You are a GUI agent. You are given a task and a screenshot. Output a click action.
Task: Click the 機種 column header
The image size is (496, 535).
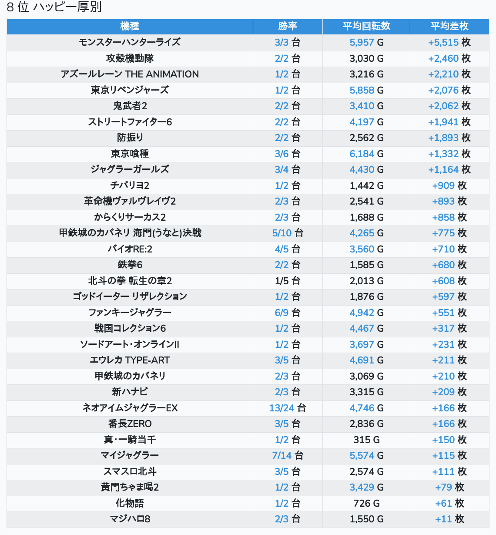tap(130, 26)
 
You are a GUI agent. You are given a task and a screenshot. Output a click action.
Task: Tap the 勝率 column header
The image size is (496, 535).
tap(288, 26)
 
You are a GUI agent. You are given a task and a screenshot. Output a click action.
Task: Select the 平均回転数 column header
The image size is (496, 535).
tap(366, 26)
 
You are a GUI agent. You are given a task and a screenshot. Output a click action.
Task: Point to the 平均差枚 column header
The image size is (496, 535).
tap(449, 26)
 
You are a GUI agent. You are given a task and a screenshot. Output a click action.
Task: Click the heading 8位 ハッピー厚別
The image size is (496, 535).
tap(54, 7)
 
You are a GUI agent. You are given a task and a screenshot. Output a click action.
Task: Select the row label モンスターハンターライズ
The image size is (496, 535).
tap(130, 42)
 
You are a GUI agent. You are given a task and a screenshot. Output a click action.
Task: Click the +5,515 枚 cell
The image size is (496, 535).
tap(449, 42)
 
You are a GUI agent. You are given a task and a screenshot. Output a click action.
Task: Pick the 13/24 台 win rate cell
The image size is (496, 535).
tap(288, 408)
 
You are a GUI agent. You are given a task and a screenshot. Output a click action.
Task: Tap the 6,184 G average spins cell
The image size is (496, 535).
tap(366, 154)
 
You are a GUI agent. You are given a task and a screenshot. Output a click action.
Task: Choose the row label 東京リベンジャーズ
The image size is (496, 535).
tap(130, 90)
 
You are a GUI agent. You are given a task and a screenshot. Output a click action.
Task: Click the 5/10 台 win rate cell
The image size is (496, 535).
tap(288, 233)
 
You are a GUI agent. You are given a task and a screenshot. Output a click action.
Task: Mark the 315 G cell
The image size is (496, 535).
tap(366, 440)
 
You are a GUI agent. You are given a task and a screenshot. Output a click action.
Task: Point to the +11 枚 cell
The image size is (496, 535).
tap(449, 519)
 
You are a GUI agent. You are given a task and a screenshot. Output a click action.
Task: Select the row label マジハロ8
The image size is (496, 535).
tap(130, 519)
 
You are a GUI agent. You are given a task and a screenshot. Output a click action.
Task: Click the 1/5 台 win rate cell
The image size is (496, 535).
tap(288, 281)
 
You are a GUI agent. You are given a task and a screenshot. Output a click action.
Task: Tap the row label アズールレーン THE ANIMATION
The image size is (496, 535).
tap(130, 74)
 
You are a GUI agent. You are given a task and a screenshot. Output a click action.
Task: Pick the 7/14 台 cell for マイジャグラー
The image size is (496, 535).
tap(288, 455)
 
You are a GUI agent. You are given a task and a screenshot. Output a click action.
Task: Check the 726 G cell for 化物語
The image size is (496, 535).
tap(366, 503)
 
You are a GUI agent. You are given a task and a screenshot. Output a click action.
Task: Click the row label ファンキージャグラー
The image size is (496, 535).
tap(130, 313)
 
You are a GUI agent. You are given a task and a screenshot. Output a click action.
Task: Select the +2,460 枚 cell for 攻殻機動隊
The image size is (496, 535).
tap(449, 58)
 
